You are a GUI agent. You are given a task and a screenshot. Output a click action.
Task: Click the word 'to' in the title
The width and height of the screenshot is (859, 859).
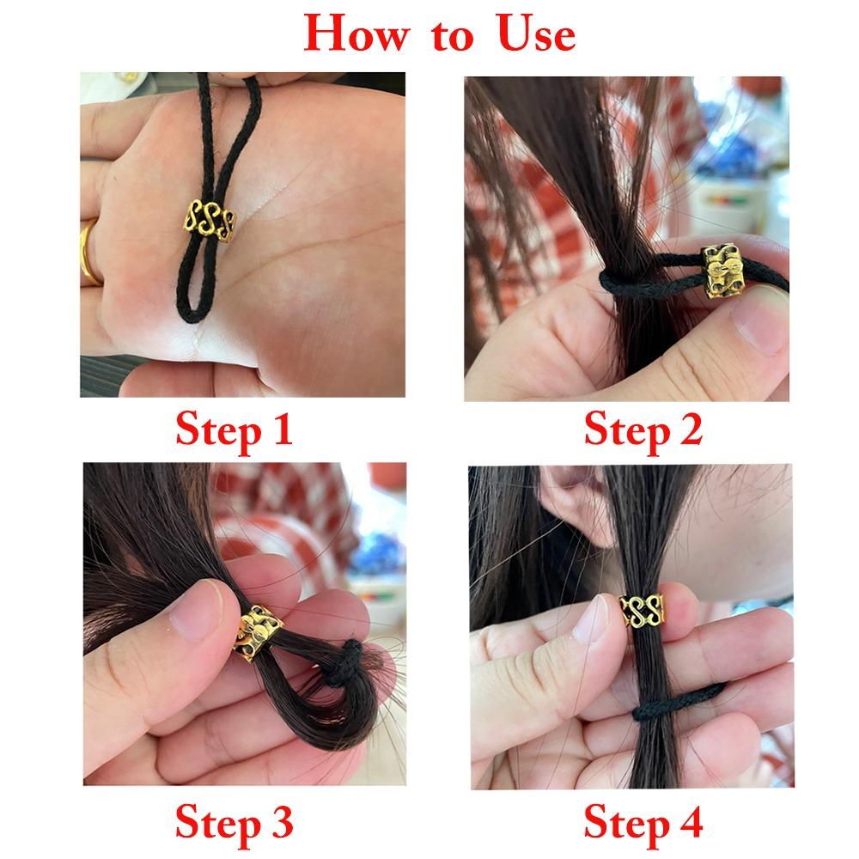point(452,36)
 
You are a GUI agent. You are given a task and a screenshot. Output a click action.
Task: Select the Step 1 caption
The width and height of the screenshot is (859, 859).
point(234,430)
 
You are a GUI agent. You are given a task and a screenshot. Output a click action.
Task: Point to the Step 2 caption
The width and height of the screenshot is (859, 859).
point(643,430)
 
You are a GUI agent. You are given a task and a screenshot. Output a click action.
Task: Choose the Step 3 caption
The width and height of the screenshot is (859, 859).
point(234,823)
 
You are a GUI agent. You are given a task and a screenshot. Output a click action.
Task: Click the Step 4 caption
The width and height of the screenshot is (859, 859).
point(643,823)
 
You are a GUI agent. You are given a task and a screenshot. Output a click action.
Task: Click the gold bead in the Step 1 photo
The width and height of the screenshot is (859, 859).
point(210,220)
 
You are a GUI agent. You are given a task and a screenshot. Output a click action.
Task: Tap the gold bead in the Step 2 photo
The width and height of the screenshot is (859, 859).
point(722,270)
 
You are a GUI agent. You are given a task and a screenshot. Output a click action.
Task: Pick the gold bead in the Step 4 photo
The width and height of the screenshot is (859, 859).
point(642,610)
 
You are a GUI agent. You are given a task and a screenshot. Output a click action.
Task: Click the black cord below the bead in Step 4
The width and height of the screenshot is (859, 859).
point(679,702)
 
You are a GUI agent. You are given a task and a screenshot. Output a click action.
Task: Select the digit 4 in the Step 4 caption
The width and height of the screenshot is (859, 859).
point(690,822)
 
